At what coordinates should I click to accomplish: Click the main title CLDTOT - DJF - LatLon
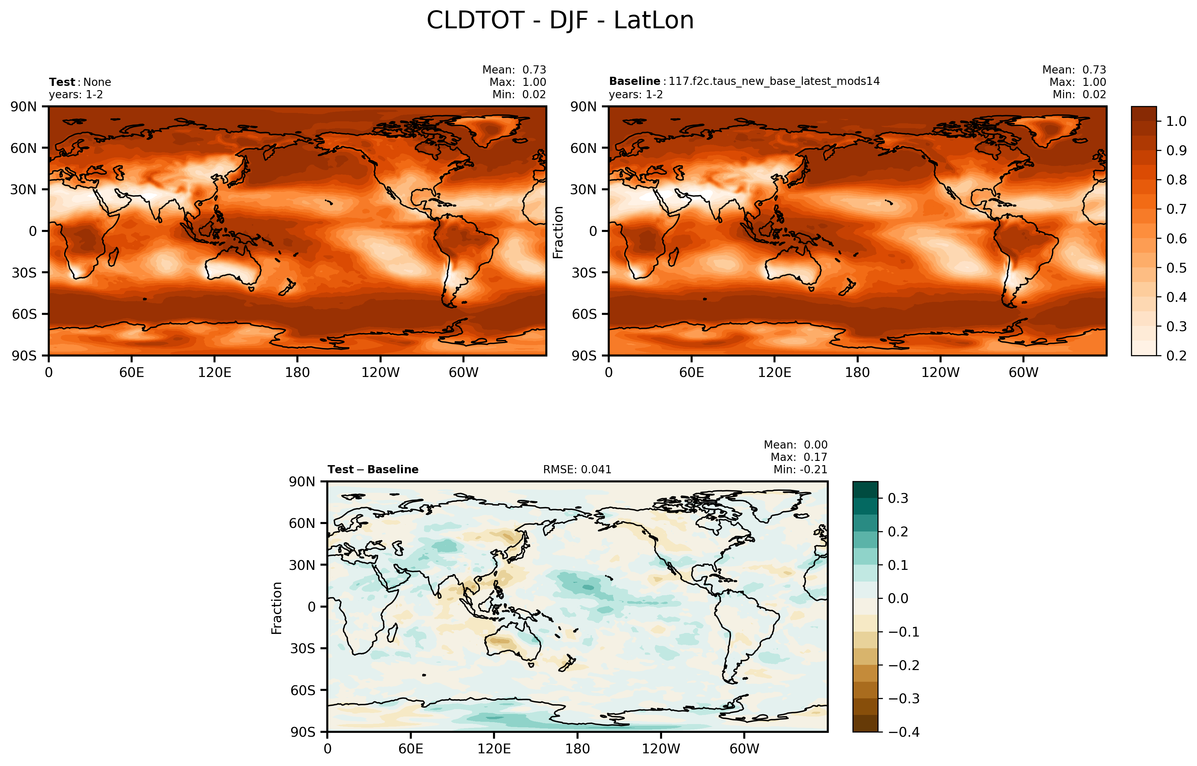coord(560,21)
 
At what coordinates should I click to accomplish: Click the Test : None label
coord(80,82)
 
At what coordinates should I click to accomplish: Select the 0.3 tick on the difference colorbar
coord(898,498)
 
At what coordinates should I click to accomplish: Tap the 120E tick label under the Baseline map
coord(774,372)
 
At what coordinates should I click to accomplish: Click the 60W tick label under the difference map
coord(744,748)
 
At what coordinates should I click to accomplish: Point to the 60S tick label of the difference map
coord(302,691)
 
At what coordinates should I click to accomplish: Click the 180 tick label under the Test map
coord(297,372)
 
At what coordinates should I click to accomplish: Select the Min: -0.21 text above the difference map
coord(800,470)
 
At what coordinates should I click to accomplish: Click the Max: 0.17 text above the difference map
coord(799,457)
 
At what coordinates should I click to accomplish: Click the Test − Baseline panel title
coord(373,470)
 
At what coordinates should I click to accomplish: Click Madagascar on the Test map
coord(113,257)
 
